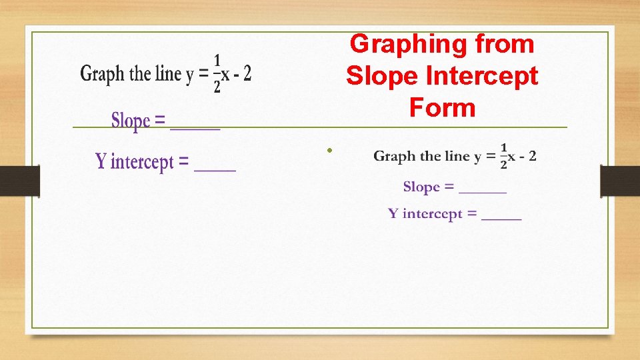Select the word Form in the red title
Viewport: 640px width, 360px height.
click(442, 107)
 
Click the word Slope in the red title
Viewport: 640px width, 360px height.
click(376, 76)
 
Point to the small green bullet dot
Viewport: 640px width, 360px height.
click(329, 150)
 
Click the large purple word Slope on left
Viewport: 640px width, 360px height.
click(130, 121)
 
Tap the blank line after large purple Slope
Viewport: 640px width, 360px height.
click(195, 127)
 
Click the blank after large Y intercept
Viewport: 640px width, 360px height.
click(215, 169)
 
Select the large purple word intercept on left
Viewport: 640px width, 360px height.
click(142, 162)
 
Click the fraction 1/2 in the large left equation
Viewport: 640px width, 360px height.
click(217, 74)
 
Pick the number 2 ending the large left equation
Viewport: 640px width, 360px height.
click(247, 73)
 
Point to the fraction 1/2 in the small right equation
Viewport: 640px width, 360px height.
click(503, 157)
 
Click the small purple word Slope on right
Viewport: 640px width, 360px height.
click(421, 187)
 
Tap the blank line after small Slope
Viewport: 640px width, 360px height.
click(483, 192)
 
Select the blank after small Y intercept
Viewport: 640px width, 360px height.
click(501, 218)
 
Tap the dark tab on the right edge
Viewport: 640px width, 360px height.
click(620, 181)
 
